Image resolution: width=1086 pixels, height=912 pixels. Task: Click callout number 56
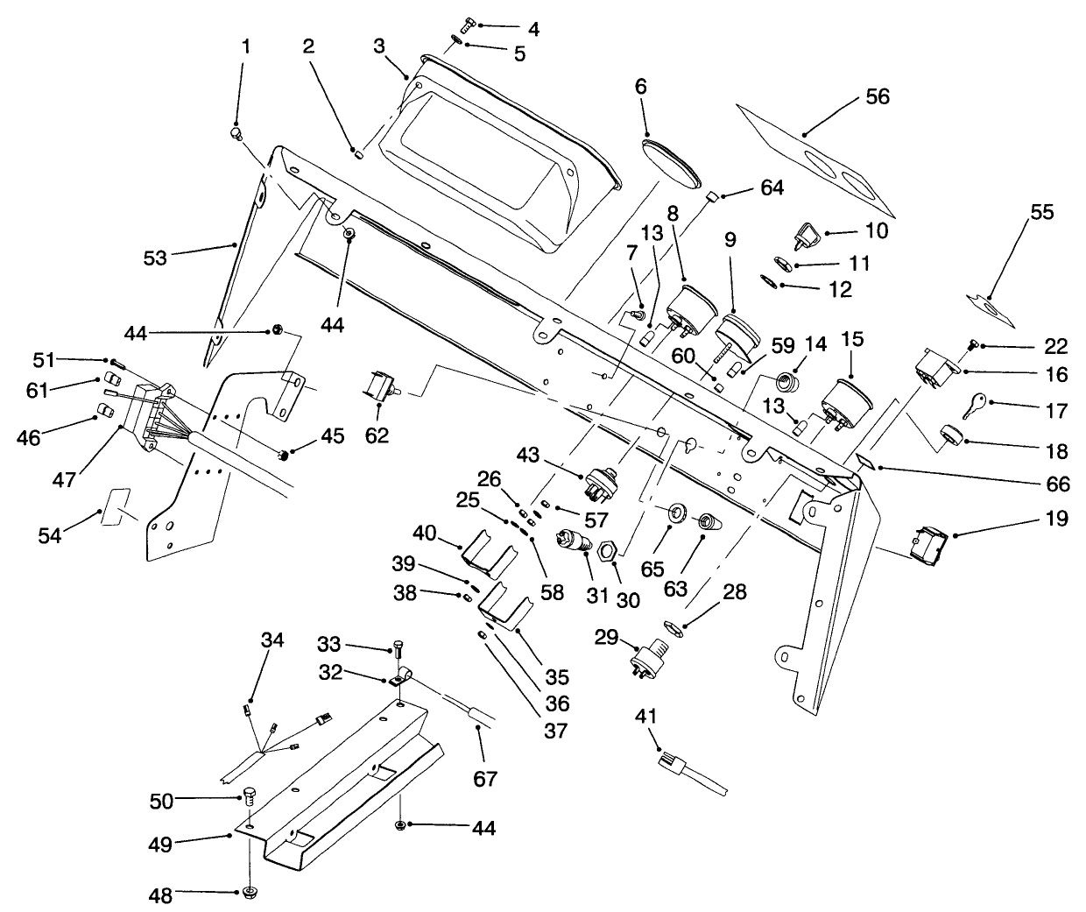pos(877,96)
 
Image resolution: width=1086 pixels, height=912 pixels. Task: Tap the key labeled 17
pos(975,405)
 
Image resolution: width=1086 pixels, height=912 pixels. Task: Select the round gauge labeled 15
pos(848,401)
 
